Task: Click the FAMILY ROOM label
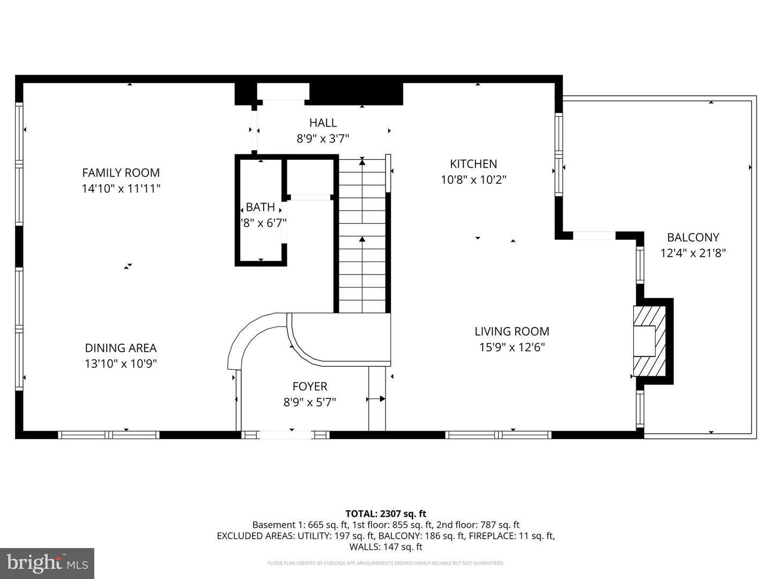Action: (x=121, y=173)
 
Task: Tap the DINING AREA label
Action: (x=121, y=348)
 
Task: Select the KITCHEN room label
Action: (x=473, y=164)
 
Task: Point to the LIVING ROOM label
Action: (x=512, y=331)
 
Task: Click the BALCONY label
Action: (x=693, y=237)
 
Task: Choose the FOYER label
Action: (x=310, y=387)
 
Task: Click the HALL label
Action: (x=323, y=123)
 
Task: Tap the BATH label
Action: (x=261, y=207)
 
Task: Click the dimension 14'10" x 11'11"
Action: (x=121, y=189)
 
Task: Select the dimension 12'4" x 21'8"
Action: (x=693, y=253)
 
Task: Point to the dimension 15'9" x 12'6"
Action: (x=512, y=347)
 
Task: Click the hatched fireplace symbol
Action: (x=650, y=341)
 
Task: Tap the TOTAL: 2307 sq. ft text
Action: (x=385, y=514)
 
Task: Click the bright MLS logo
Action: (x=47, y=563)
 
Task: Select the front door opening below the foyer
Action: (x=286, y=435)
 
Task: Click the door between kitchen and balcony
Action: (x=594, y=235)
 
